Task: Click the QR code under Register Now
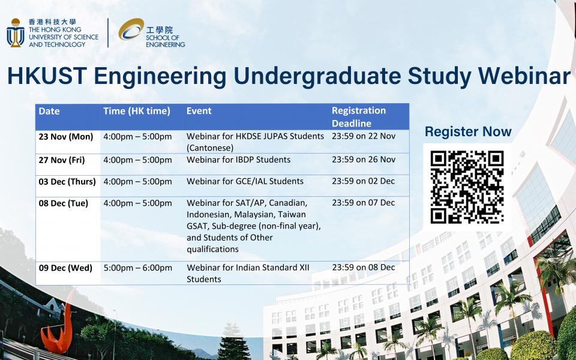(467, 187)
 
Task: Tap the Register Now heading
(468, 131)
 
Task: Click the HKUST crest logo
(16, 32)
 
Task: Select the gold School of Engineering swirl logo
(131, 29)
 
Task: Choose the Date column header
(49, 111)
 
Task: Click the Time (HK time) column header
(137, 112)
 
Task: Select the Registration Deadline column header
(359, 117)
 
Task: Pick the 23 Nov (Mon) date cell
(66, 137)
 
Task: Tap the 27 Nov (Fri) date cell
(62, 160)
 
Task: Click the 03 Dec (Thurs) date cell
(67, 182)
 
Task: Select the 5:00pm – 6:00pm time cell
(138, 268)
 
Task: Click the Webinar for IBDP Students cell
(238, 160)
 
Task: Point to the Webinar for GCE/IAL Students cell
(245, 181)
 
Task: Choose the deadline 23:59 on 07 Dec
(364, 203)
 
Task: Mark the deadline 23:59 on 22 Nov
(364, 136)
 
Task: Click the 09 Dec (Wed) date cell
(65, 268)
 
